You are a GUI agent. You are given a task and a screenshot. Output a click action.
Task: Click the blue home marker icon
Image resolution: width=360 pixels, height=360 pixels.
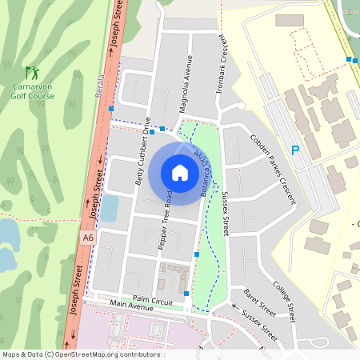pyautogui.click(x=180, y=172)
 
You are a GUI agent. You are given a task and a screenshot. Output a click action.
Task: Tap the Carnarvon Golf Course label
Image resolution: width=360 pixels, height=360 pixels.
pyautogui.click(x=33, y=90)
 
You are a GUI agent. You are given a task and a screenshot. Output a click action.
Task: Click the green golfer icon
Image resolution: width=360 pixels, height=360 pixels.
pyautogui.click(x=31, y=72)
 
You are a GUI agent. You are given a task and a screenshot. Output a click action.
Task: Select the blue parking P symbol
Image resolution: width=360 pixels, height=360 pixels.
pyautogui.click(x=295, y=150)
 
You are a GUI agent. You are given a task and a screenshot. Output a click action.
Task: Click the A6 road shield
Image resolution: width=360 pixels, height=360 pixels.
pyautogui.click(x=87, y=237)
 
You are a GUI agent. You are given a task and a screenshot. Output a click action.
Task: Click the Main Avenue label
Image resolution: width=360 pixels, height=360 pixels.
pyautogui.click(x=131, y=305)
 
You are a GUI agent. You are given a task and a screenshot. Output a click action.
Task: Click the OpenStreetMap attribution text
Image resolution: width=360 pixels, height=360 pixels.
pyautogui.click(x=81, y=354)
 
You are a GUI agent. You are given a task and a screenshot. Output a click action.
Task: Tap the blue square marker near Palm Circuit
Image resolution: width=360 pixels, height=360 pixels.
pyautogui.click(x=186, y=294)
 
